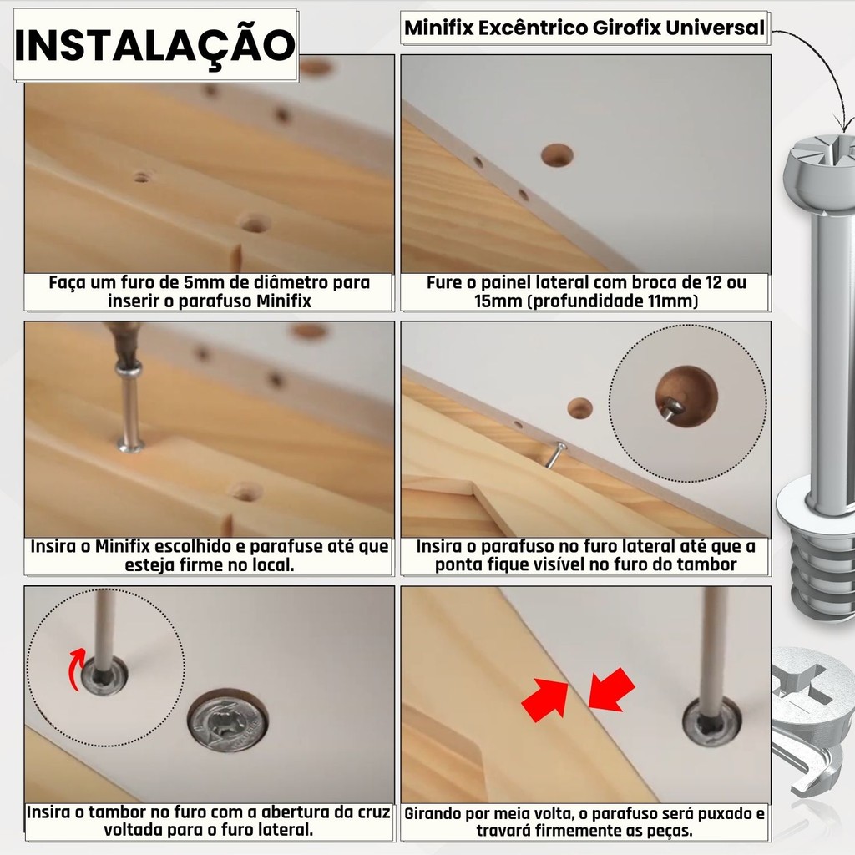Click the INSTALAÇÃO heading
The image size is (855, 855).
(x=154, y=45)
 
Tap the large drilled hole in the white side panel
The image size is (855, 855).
(x=557, y=155)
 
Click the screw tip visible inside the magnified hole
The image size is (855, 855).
(x=671, y=407)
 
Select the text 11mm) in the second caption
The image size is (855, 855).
(x=673, y=301)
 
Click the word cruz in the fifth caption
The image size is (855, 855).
(x=374, y=812)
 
